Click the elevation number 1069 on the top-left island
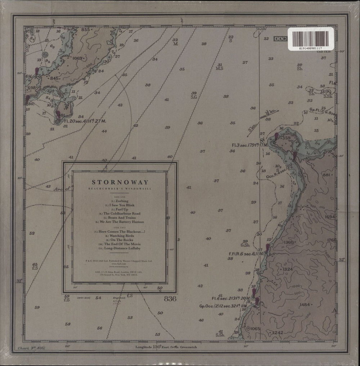(77, 58)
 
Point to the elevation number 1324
(288, 269)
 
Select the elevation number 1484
(305, 305)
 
